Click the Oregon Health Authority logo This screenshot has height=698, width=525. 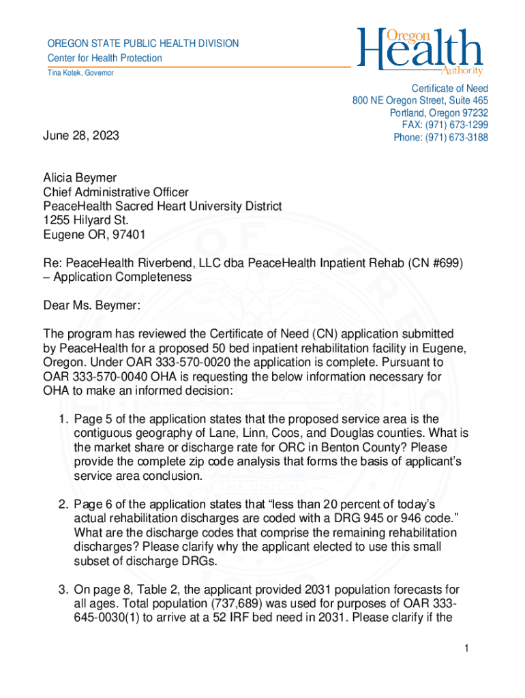(x=420, y=52)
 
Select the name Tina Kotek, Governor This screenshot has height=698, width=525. (x=80, y=73)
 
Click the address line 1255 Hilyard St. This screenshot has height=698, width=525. (x=86, y=220)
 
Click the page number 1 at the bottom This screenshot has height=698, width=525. (x=466, y=648)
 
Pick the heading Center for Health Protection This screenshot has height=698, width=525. (x=104, y=58)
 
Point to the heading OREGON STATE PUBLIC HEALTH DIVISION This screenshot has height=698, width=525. (x=142, y=44)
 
